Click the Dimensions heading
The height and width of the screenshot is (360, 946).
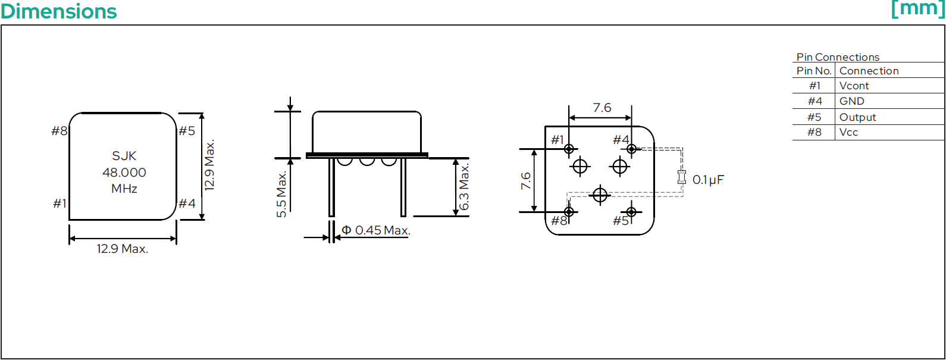[x=59, y=11]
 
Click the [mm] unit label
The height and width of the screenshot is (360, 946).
[x=917, y=9]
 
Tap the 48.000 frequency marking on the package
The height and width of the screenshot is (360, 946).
[x=124, y=173]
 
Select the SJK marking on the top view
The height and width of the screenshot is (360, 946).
[x=124, y=156]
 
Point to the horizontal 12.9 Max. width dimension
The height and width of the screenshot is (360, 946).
[x=123, y=249]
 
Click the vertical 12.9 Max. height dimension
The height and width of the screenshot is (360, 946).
[x=209, y=165]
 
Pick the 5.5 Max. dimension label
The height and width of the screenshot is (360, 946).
[x=281, y=195]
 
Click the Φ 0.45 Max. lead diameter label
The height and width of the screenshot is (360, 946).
[x=376, y=230]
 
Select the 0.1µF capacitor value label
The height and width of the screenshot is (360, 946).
[x=708, y=180]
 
